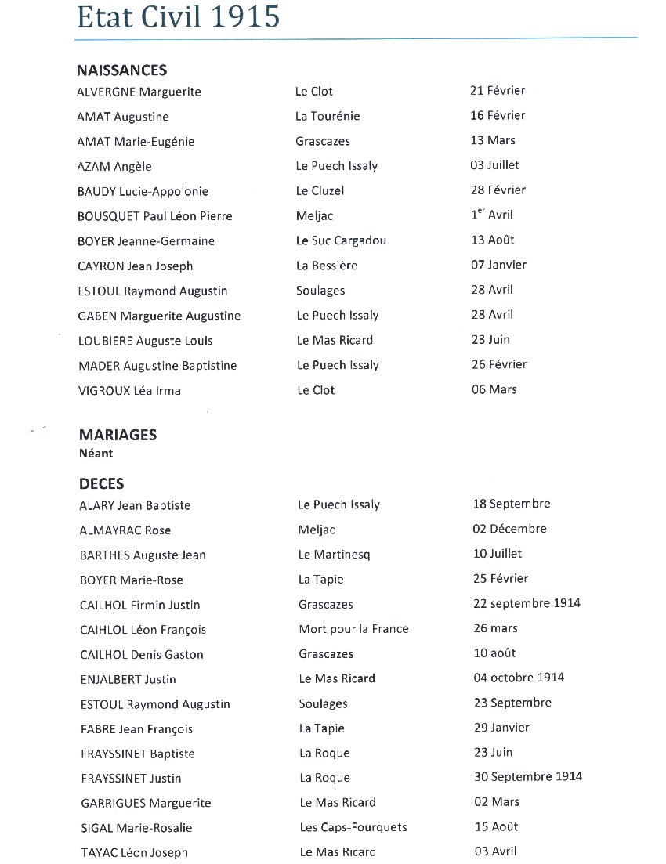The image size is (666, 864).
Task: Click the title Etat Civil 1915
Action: point(178,16)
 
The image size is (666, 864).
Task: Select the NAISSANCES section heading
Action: point(121,70)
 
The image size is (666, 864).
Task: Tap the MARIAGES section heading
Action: point(118,435)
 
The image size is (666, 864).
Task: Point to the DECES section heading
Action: point(101,484)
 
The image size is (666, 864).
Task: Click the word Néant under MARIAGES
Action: point(96,453)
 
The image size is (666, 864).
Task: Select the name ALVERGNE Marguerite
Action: point(139,92)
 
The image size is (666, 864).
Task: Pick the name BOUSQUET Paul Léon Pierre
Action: point(155,216)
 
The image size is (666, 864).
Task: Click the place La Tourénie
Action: point(328,117)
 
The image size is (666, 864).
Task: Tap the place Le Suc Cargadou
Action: point(341,240)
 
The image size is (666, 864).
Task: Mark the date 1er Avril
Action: point(492,215)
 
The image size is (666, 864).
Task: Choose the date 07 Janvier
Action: point(498,265)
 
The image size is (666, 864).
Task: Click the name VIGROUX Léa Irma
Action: point(129,390)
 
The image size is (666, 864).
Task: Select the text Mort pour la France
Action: point(353,629)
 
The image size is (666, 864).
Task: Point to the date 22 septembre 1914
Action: point(527,603)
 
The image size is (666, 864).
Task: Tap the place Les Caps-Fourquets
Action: point(353,827)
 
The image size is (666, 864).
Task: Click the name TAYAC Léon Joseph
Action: point(134,853)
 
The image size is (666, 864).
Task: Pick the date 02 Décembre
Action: point(509,529)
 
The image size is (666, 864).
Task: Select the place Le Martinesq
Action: point(334,555)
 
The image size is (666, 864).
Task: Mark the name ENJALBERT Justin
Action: point(128,679)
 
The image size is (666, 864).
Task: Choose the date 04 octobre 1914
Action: point(519,678)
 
